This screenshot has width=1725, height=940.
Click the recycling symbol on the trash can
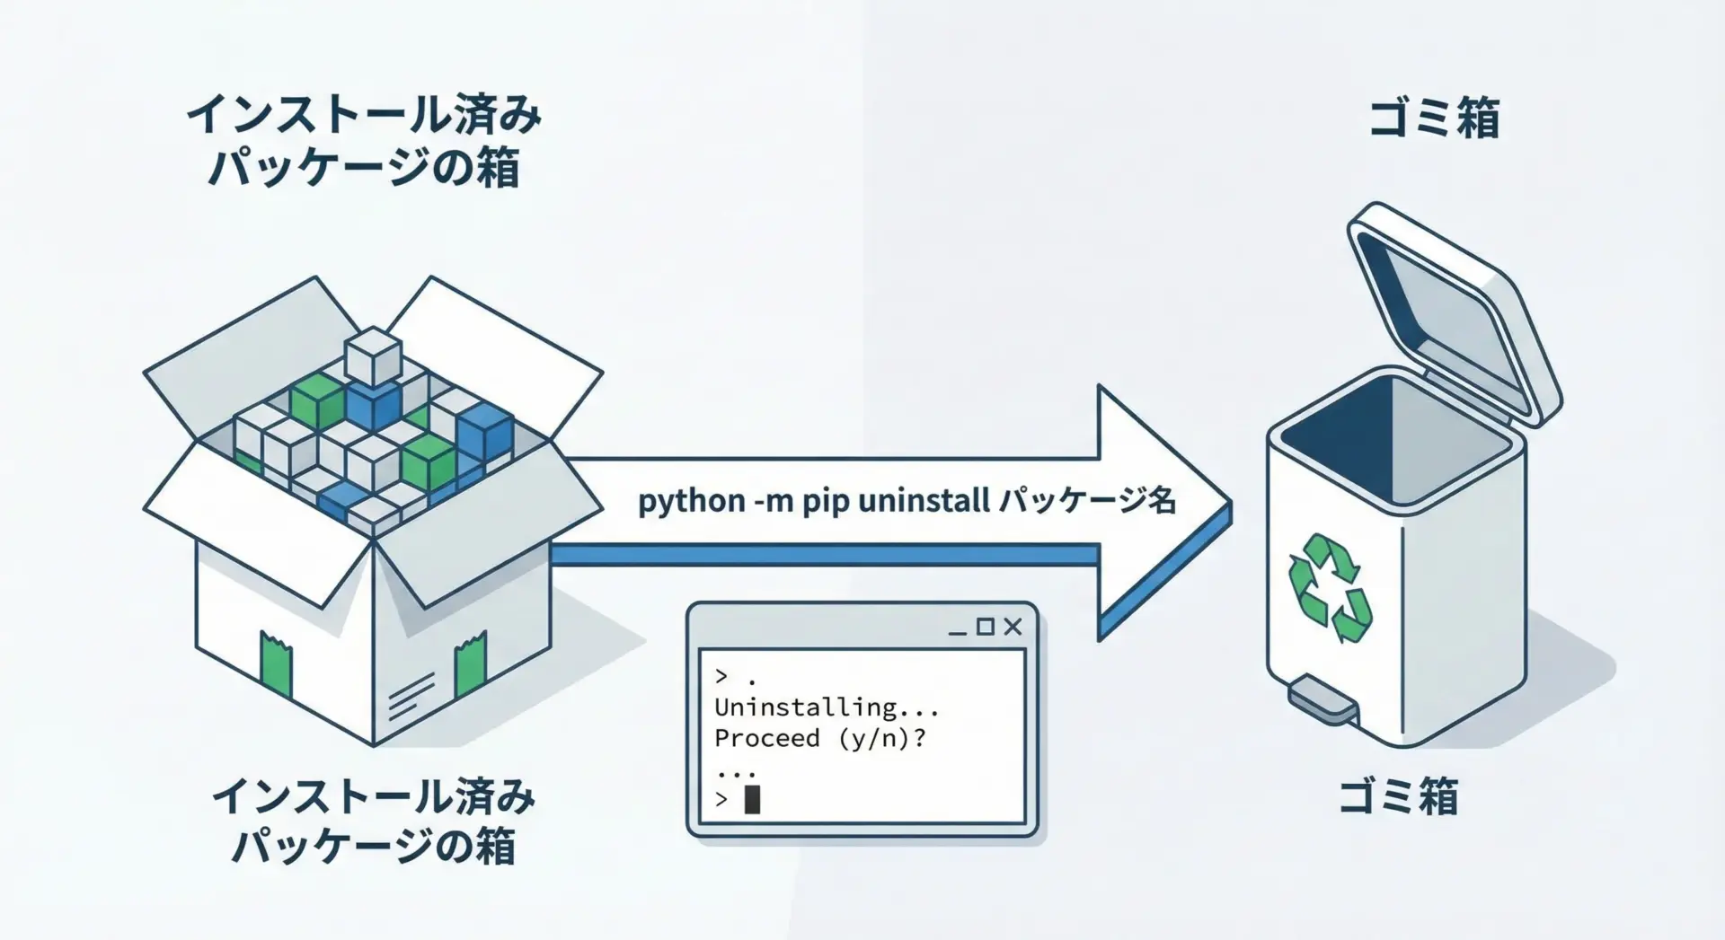pyautogui.click(x=1330, y=588)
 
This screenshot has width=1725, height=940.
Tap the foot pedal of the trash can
pyautogui.click(x=1322, y=701)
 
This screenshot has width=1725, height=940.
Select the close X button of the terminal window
pyautogui.click(x=1013, y=627)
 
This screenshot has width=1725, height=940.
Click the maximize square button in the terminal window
pyautogui.click(x=986, y=627)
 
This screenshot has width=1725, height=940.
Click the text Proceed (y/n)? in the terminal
pyautogui.click(x=819, y=739)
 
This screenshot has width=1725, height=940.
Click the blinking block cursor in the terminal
pyautogui.click(x=752, y=799)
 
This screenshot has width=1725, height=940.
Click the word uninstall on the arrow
pyautogui.click(x=924, y=500)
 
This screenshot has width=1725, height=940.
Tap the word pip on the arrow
pyautogui.click(x=825, y=501)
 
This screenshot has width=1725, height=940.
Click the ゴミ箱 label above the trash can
pyautogui.click(x=1434, y=119)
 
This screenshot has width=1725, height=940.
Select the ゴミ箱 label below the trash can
pyautogui.click(x=1398, y=796)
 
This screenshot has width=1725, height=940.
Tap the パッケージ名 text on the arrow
pyautogui.click(x=1087, y=500)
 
